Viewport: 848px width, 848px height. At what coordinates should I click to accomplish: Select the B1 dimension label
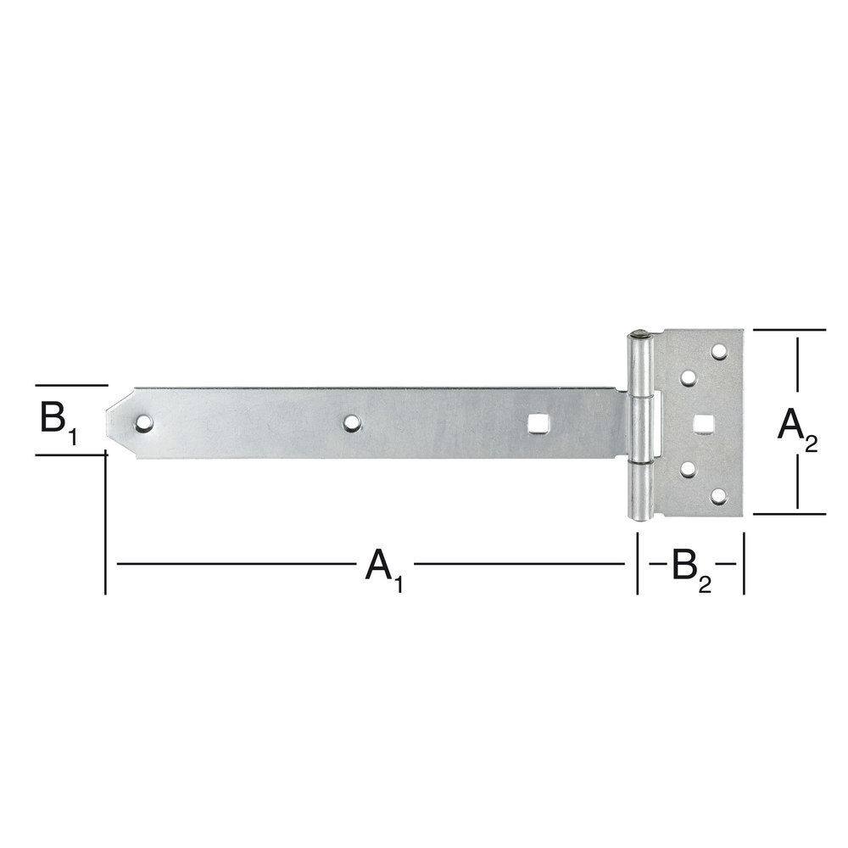click(58, 421)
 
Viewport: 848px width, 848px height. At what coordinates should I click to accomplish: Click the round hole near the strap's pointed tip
click(144, 422)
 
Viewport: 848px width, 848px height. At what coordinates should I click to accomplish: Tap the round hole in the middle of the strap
click(352, 422)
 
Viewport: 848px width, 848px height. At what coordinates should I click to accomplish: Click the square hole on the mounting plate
click(701, 423)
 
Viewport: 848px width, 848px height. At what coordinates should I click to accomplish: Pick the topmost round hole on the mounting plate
click(719, 352)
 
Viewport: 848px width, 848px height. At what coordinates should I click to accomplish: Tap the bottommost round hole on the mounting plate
click(719, 495)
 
